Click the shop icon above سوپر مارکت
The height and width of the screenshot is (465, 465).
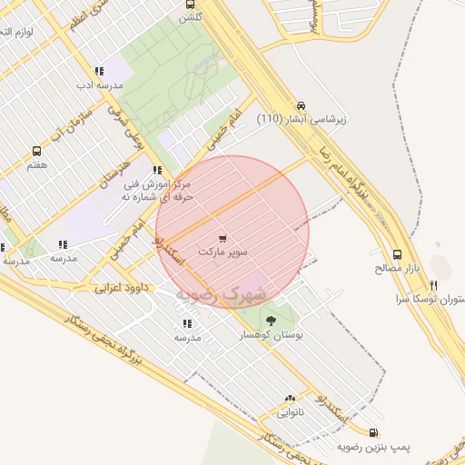(223, 238)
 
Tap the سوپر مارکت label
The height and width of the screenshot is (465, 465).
(222, 251)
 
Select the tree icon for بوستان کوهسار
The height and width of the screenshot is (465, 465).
(271, 321)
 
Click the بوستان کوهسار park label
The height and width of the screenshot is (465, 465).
(269, 335)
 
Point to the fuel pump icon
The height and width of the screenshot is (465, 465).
(374, 433)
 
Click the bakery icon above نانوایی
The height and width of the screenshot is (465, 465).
(290, 398)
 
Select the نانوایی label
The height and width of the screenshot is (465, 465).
(290, 411)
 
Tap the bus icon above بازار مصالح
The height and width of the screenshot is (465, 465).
(397, 255)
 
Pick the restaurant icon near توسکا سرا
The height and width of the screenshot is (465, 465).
(433, 285)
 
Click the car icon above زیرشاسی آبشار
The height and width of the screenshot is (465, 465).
(301, 104)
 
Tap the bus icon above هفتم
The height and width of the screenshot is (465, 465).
(36, 151)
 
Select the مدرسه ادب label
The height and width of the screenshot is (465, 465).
(96, 85)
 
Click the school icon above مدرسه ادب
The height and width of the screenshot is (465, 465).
(98, 71)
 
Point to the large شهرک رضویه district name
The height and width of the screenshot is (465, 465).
(222, 295)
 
